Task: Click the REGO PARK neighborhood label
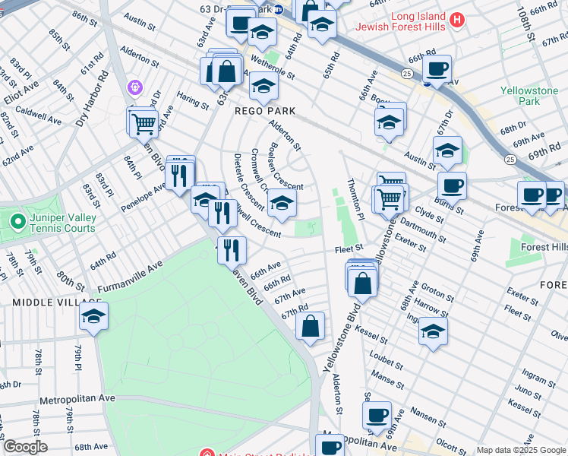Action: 264,111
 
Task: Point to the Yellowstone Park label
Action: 529,96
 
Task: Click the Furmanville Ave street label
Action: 130,278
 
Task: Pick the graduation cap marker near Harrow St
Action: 432,331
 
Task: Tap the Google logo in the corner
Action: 25,447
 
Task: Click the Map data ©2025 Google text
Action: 520,450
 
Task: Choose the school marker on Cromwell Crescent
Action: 282,204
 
